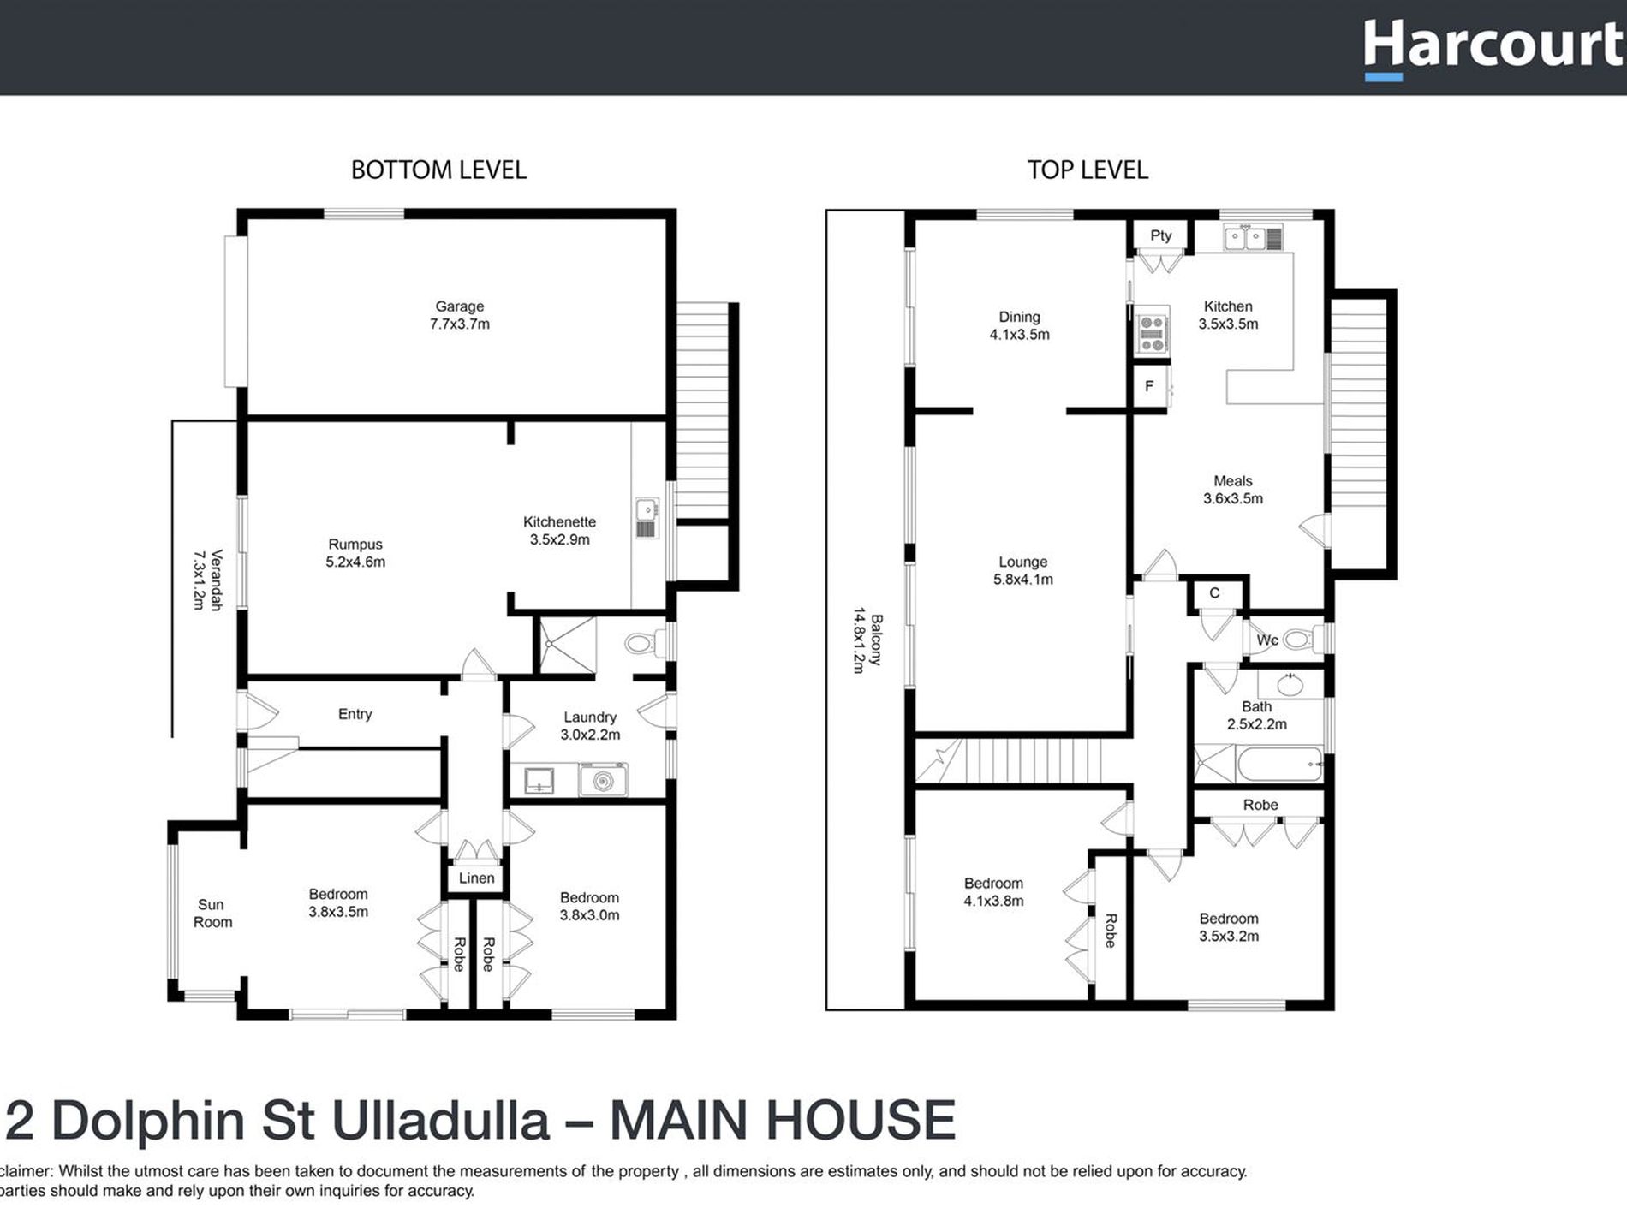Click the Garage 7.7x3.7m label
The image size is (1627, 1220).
coord(460,315)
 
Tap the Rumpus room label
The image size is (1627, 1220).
coord(355,553)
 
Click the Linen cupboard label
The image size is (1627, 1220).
coord(476,878)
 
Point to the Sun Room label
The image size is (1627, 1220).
coord(212,914)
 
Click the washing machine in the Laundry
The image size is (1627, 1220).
coord(603,780)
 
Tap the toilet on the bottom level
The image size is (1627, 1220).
coord(644,642)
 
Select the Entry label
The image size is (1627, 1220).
coord(355,714)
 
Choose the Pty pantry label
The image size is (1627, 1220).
coord(1160,235)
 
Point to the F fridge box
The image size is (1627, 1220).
coord(1149,386)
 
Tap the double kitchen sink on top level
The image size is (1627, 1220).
coord(1244,237)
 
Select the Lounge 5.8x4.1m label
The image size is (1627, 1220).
coord(1022,570)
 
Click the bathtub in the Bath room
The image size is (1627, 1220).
coord(1279,764)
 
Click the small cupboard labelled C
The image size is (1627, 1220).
coord(1214,593)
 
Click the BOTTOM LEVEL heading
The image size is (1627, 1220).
coord(438,170)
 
